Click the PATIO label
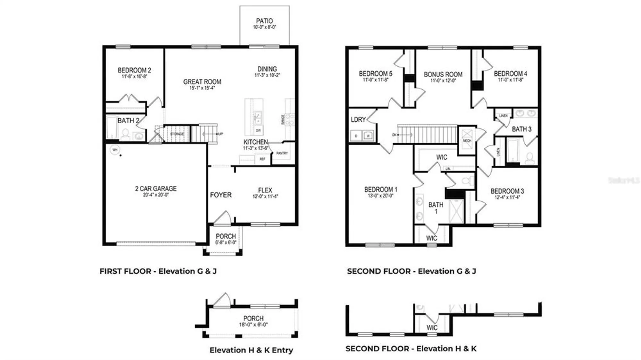pyautogui.click(x=264, y=21)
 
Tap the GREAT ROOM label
pyautogui.click(x=202, y=82)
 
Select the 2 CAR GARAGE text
pyautogui.click(x=156, y=189)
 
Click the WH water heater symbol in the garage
pyautogui.click(x=115, y=150)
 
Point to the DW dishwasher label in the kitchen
pyautogui.click(x=258, y=130)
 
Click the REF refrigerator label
pyautogui.click(x=262, y=159)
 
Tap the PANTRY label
pyautogui.click(x=282, y=153)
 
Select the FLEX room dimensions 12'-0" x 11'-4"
pyautogui.click(x=265, y=196)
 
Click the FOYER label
pyautogui.click(x=221, y=195)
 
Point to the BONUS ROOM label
pyautogui.click(x=443, y=74)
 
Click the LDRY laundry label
pyautogui.click(x=358, y=119)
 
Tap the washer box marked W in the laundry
pyautogui.click(x=368, y=136)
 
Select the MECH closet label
pyautogui.click(x=467, y=141)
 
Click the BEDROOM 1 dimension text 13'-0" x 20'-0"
pyautogui.click(x=380, y=196)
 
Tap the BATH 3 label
pyautogui.click(x=521, y=129)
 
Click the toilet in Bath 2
pyautogui.click(x=125, y=135)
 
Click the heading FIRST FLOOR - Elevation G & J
pyautogui.click(x=158, y=271)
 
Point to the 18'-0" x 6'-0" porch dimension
pyautogui.click(x=253, y=324)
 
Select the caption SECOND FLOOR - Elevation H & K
pyautogui.click(x=411, y=348)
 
